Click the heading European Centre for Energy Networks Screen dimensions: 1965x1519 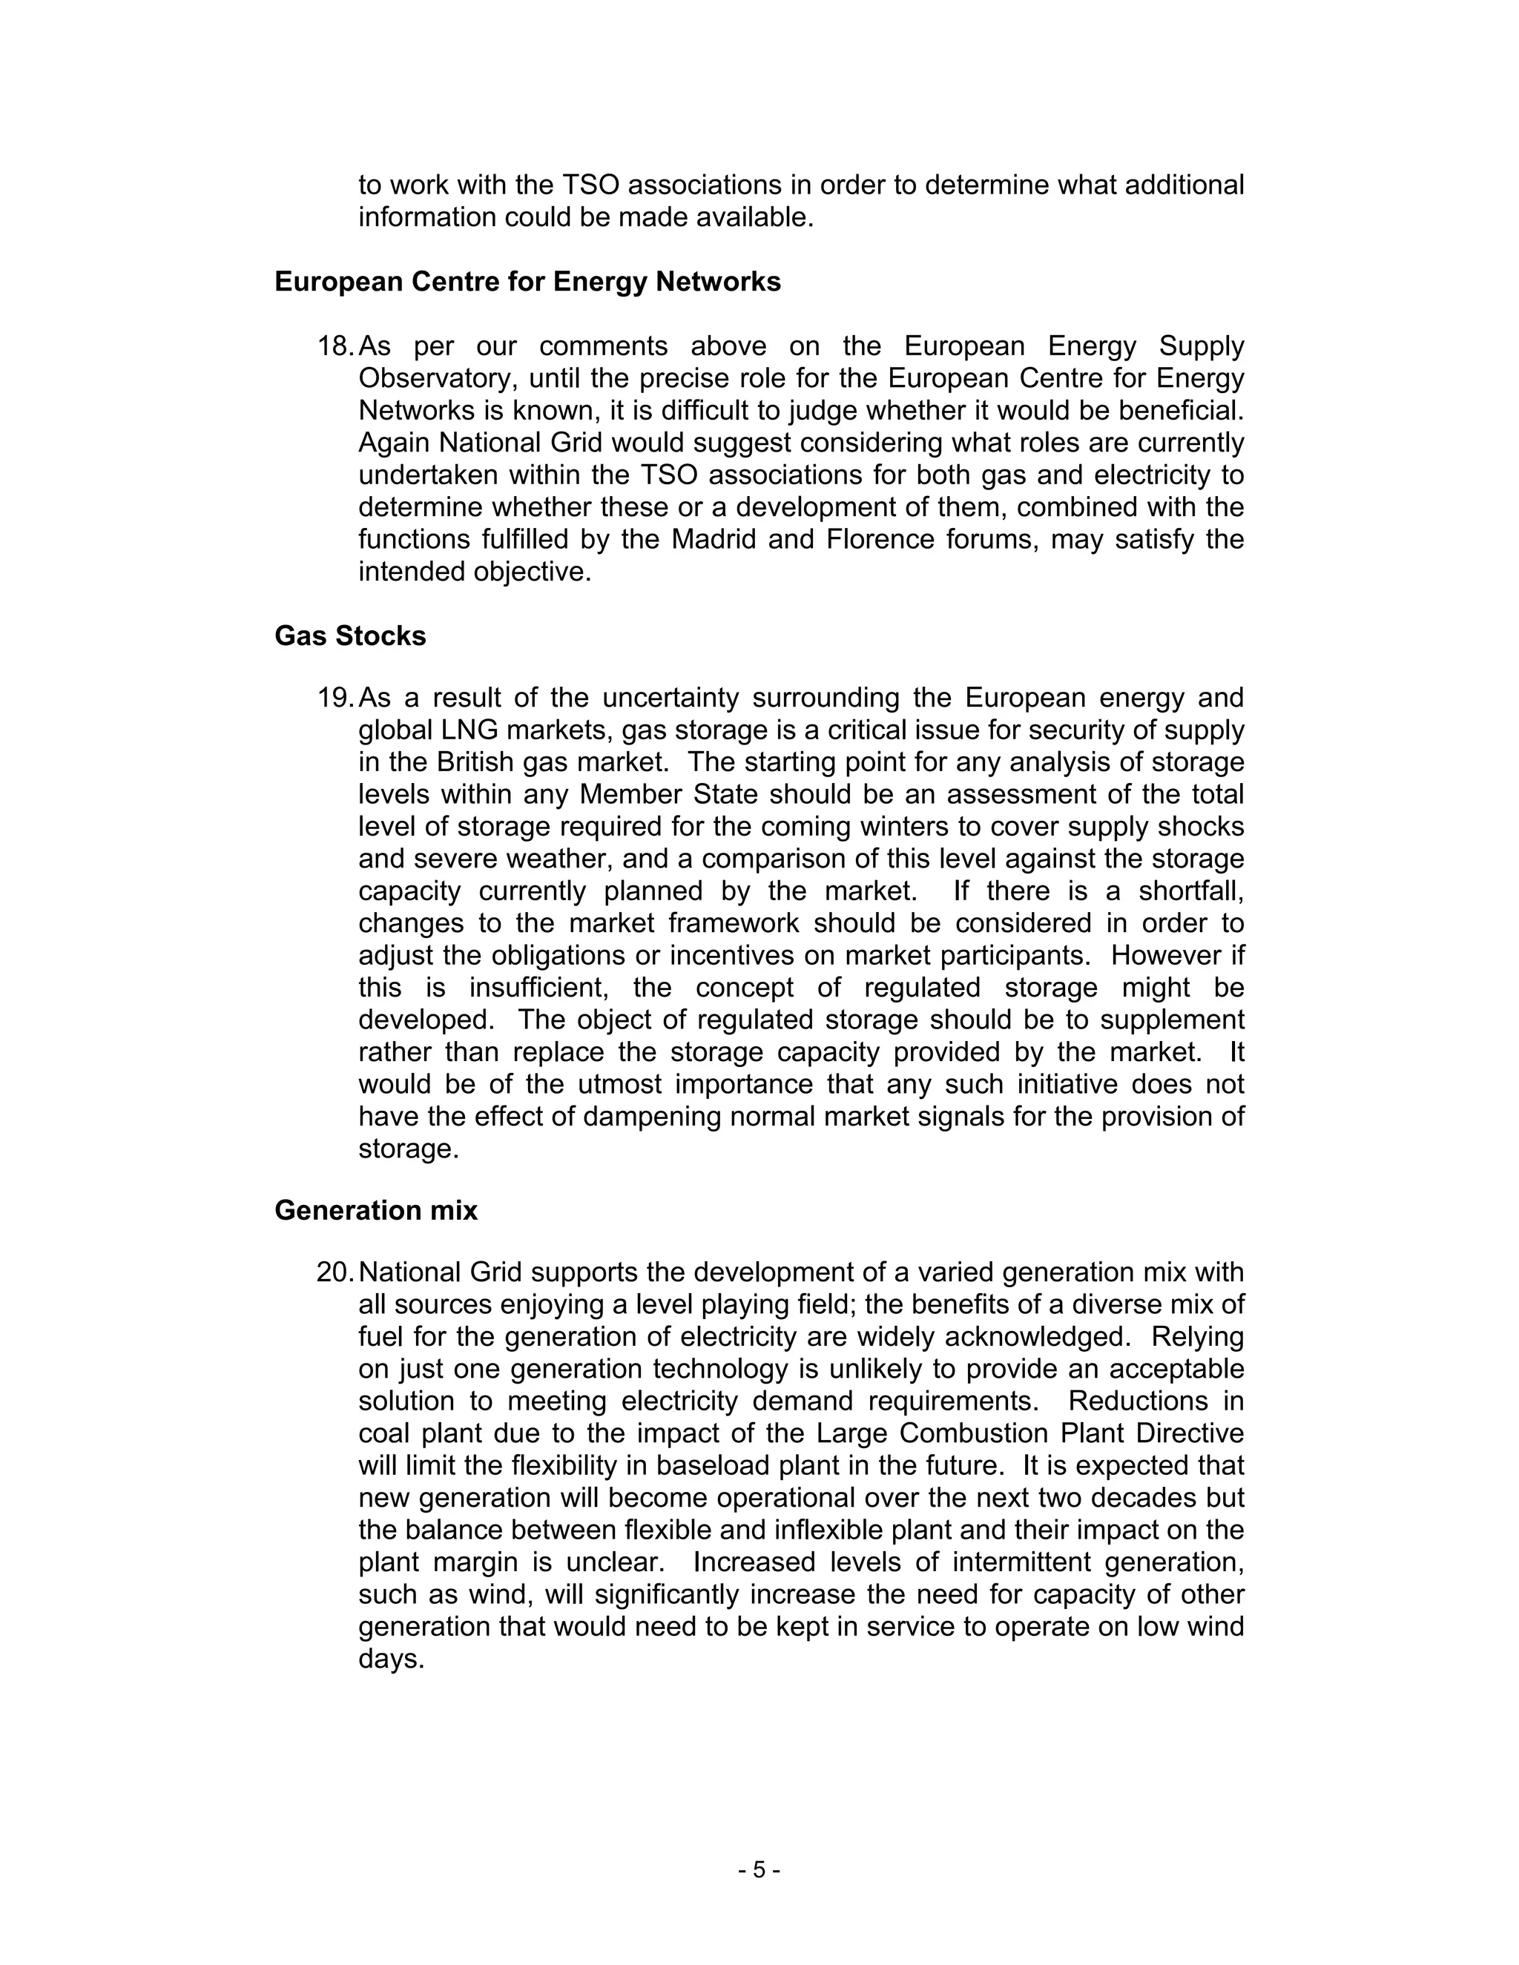(527, 282)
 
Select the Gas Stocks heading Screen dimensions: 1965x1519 (350, 635)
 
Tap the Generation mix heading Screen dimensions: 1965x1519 (375, 1210)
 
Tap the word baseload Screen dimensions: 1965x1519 (708, 1466)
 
